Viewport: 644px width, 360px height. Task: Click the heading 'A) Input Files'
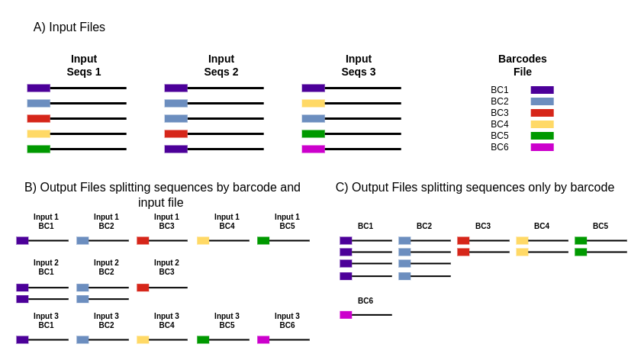[69, 27]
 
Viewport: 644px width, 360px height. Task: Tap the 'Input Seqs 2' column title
[221, 66]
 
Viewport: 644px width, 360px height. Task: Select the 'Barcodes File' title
[522, 66]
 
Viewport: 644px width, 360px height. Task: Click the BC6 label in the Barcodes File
[499, 147]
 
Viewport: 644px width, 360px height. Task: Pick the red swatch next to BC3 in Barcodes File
[542, 113]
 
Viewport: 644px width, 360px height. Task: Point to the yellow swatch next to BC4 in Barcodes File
[542, 124]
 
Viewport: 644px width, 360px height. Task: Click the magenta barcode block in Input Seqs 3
[313, 149]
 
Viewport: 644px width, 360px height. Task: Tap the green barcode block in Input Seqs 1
[38, 149]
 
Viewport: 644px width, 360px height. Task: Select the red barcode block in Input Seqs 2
[175, 133]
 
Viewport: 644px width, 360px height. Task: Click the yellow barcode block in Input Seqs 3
[313, 103]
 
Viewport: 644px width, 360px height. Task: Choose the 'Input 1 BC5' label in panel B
[287, 222]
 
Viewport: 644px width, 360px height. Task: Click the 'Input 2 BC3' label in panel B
[166, 268]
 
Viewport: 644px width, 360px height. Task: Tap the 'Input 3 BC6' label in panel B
[287, 321]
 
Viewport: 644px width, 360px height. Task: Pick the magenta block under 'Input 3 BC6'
[263, 339]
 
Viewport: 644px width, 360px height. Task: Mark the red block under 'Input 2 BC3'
[143, 288]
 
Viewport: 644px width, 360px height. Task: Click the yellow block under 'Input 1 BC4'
[203, 240]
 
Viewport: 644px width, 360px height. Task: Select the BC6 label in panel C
[365, 301]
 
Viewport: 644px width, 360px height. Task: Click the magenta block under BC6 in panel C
[346, 314]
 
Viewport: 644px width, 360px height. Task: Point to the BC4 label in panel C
[542, 227]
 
